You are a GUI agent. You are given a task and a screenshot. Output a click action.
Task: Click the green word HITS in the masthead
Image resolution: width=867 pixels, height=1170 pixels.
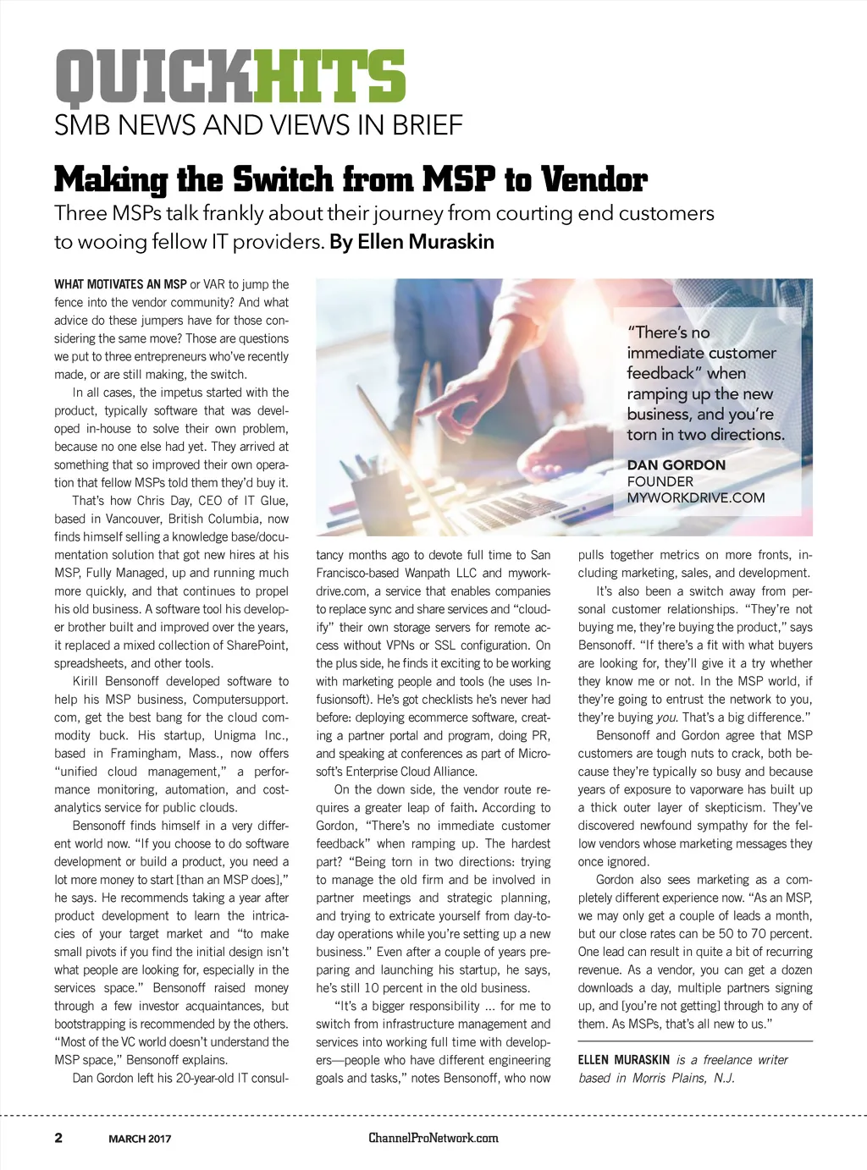[329, 77]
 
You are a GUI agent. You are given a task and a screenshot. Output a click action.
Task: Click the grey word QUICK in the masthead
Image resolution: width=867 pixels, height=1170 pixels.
[153, 77]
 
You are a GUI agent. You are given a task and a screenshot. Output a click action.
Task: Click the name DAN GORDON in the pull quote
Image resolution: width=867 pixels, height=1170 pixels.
[676, 464]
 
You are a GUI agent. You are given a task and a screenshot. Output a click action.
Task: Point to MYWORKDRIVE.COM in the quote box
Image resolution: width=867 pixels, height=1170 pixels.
[695, 497]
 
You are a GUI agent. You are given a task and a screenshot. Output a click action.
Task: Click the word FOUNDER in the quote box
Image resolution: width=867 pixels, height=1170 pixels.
[660, 481]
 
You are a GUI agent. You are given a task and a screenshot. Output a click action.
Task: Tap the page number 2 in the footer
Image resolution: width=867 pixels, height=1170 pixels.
[58, 1138]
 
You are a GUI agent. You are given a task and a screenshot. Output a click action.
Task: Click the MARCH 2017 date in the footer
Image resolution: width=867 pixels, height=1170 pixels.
[140, 1139]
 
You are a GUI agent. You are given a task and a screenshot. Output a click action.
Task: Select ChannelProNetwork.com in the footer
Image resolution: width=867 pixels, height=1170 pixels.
[433, 1138]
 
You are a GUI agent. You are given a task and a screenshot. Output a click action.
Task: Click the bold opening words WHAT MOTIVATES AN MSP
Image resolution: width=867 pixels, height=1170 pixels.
[120, 284]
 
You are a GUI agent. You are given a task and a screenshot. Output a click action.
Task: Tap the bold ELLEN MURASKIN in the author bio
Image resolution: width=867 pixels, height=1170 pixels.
[623, 1060]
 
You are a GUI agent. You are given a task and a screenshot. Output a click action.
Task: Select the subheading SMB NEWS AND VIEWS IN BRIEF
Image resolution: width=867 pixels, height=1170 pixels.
[258, 125]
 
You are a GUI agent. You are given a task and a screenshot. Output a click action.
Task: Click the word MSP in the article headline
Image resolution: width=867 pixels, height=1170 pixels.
[458, 180]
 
